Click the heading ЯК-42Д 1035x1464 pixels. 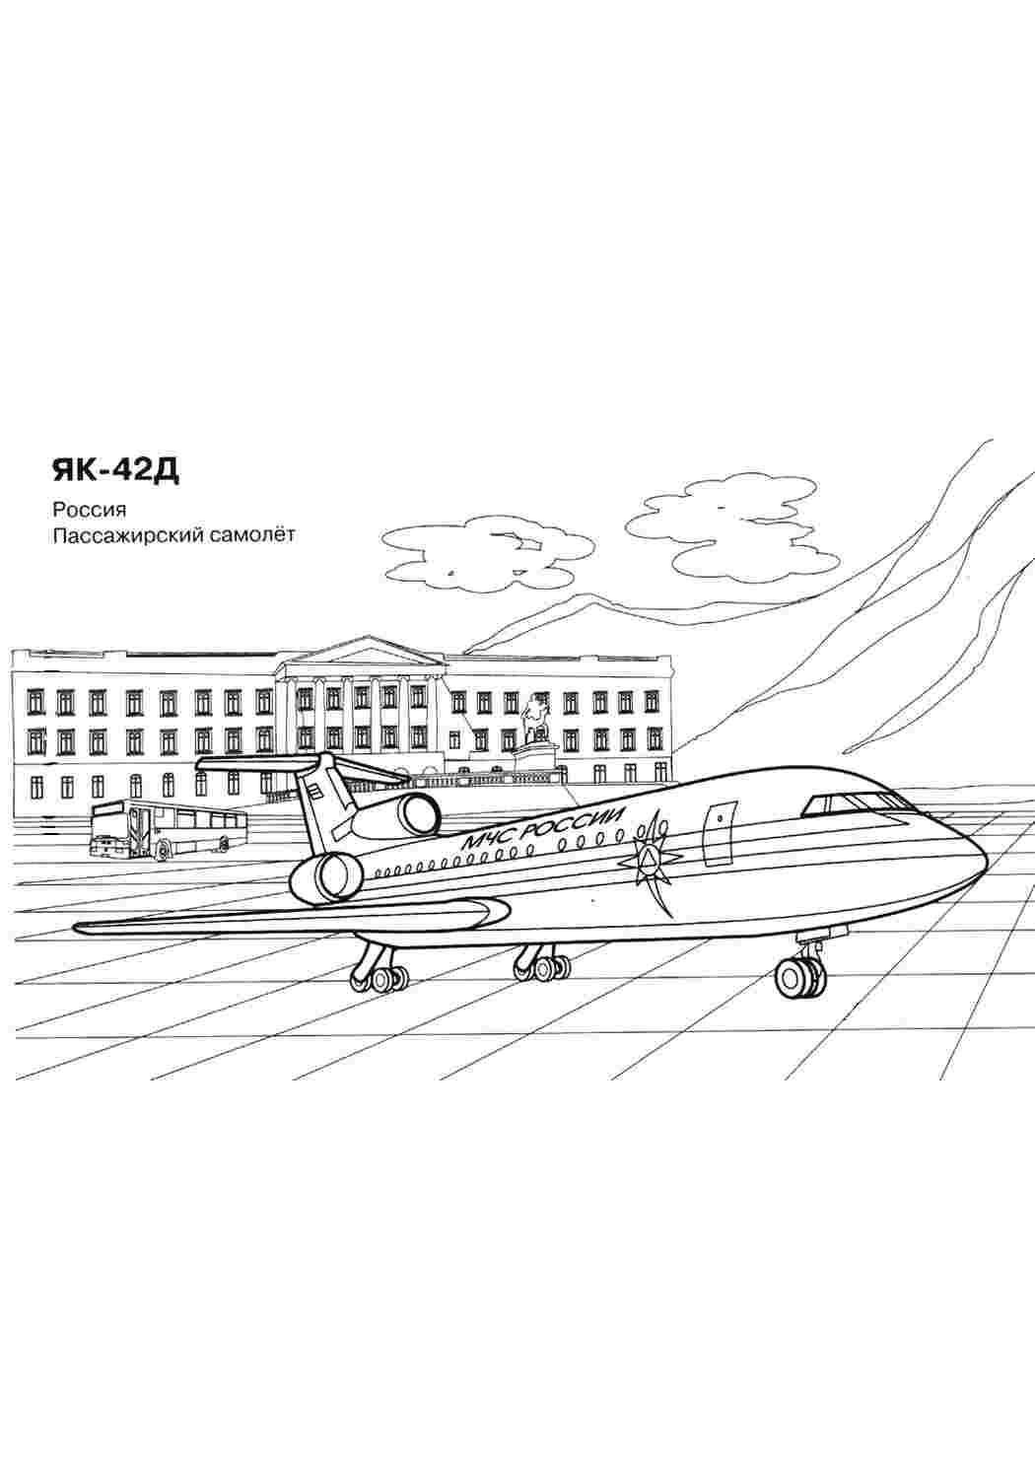pyautogui.click(x=115, y=470)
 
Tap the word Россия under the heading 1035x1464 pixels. pyautogui.click(x=89, y=509)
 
